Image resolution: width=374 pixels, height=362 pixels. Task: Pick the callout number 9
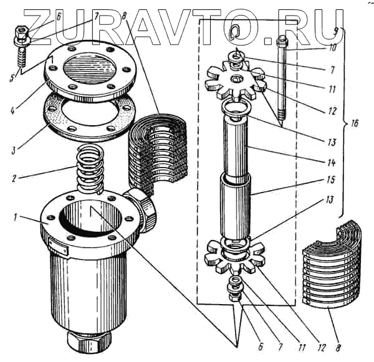pyautogui.click(x=336, y=30)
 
